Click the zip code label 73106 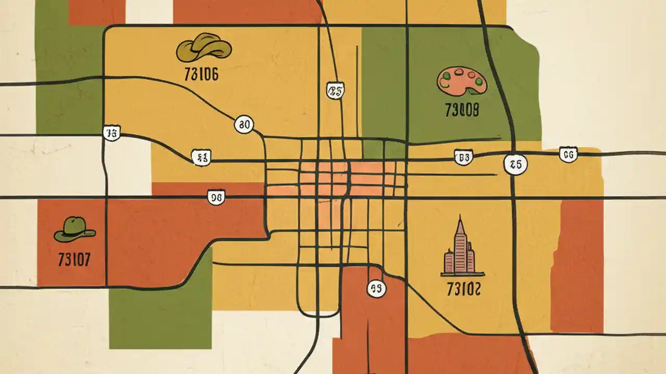pos(201,74)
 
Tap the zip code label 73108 pos(462,110)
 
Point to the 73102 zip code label pos(464,289)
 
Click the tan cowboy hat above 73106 pos(203,48)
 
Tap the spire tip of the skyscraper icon pos(460,218)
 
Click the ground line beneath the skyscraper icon pos(463,274)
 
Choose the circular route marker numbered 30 pos(244,124)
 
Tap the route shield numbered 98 pos(216,197)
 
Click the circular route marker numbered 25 pos(515,165)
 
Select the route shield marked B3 pos(463,157)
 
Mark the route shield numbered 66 pos(568,154)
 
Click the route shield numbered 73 pos(111,132)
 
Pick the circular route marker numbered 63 pos(377,288)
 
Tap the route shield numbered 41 pos(201,158)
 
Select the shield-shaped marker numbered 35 pos(335,91)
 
